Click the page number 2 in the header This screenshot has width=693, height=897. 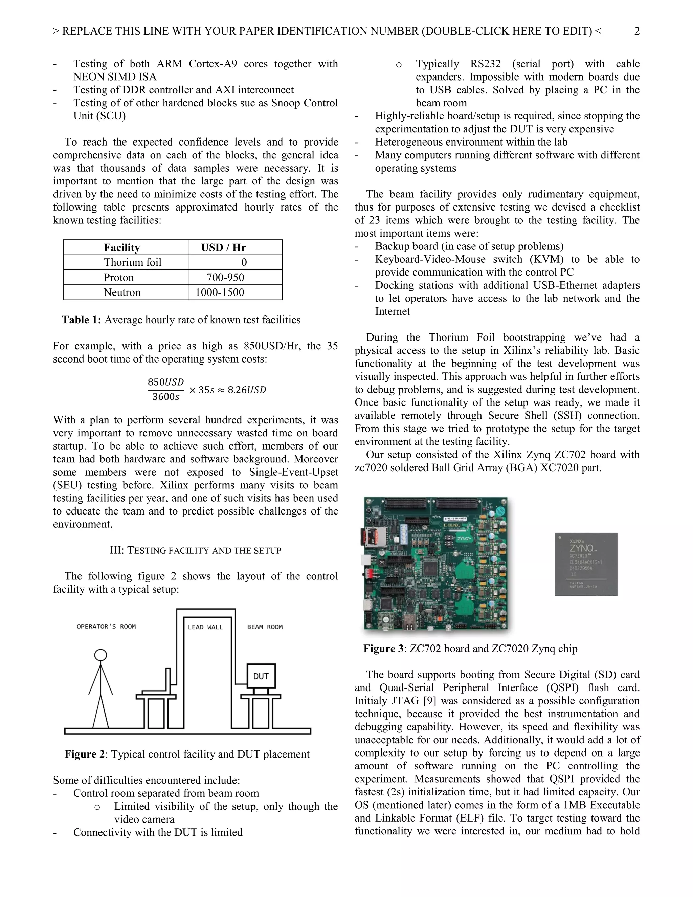[637, 31]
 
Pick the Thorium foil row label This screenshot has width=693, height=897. [132, 262]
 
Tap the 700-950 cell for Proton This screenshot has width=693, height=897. [225, 277]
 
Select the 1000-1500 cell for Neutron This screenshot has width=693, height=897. [220, 292]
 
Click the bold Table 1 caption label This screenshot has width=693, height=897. [81, 320]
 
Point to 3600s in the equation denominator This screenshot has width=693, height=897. [166, 397]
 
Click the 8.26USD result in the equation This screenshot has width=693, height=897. [247, 389]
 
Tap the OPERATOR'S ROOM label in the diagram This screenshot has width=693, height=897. [106, 626]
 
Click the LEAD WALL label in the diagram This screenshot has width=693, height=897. [205, 627]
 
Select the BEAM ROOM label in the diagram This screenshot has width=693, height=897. [265, 627]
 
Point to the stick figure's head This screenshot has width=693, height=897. [100, 655]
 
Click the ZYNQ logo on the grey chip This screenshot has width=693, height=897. [581, 548]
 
